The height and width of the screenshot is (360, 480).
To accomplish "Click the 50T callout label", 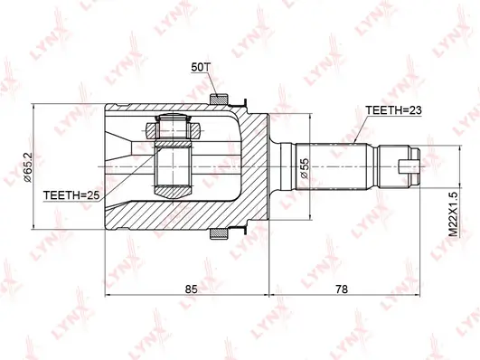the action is [200, 67].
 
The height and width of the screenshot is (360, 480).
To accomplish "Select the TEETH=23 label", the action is [393, 110].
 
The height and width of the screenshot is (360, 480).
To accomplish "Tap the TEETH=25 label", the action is [71, 195].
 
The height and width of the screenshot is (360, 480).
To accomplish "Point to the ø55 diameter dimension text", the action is [305, 168].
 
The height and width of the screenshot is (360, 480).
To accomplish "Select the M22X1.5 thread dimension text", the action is [454, 213].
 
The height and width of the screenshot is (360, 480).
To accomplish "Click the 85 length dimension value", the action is [192, 289].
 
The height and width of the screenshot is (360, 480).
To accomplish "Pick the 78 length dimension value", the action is [342, 289].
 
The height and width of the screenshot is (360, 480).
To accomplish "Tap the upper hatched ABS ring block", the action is [219, 99].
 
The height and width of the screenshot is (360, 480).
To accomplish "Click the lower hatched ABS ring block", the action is [219, 233].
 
